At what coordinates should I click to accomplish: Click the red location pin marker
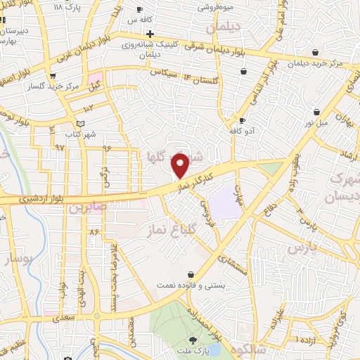click(181, 166)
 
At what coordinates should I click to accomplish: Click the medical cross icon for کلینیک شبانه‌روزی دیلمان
click(150, 33)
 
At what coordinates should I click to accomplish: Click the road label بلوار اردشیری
click(39, 199)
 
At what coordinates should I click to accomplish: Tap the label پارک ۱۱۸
click(67, 6)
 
